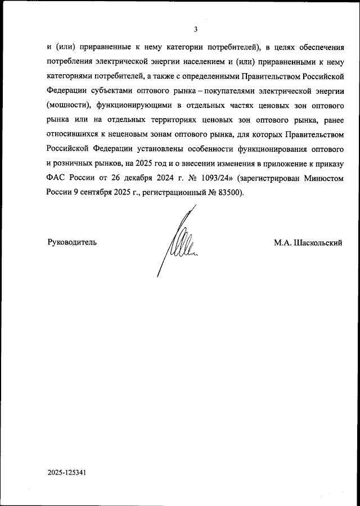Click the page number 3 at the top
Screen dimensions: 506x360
[x=195, y=29]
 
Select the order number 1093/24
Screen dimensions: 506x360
[x=215, y=178]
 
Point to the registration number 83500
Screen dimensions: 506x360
[x=227, y=193]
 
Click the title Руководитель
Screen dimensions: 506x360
[x=71, y=242]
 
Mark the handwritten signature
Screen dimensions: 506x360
[x=179, y=242]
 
